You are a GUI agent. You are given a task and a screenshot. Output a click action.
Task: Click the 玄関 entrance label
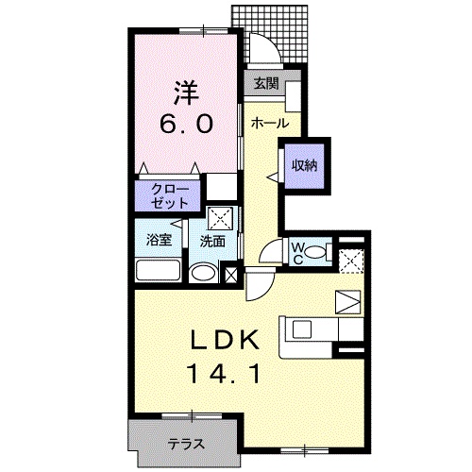pos(266,83)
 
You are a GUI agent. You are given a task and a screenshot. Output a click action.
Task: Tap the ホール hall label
pos(270,123)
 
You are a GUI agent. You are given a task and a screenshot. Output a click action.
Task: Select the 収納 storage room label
pos(304,166)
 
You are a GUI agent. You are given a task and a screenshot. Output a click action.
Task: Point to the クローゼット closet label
pos(170,197)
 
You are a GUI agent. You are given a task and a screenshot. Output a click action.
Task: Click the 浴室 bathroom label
pos(159,241)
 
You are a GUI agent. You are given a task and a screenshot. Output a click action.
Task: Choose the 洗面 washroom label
pos(212,242)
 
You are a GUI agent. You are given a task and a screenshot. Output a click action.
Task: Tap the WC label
pos(297,254)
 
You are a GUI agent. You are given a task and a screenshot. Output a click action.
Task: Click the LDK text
pos(226,340)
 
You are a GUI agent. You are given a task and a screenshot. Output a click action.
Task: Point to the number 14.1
pos(224,374)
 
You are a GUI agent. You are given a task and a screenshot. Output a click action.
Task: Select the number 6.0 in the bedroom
pos(186,124)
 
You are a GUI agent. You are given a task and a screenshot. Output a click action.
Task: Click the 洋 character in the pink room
pos(186,93)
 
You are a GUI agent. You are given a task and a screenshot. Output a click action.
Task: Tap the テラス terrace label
pos(186,445)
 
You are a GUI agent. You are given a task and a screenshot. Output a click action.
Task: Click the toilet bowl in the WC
pos(315,252)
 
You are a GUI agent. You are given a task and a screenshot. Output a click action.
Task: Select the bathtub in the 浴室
pos(159,270)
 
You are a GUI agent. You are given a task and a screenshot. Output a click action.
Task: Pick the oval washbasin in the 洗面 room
pos(203,273)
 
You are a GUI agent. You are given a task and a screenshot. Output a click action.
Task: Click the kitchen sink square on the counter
pos(302,329)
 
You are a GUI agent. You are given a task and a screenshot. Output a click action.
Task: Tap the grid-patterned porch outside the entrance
pos(270,34)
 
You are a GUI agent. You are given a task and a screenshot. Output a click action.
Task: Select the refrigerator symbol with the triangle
pos(347,302)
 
